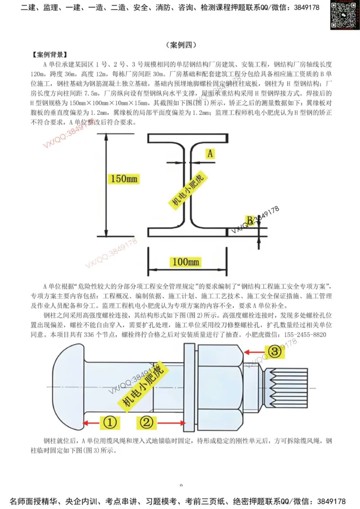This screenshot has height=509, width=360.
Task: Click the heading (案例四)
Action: tap(180, 45)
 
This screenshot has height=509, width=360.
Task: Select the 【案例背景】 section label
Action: tap(49, 55)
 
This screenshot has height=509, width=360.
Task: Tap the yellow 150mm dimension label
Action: tap(124, 179)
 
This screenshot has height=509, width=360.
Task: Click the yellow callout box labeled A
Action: tap(210, 153)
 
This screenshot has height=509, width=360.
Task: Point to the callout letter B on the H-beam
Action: tap(249, 220)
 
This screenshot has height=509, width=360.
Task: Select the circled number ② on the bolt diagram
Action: tap(148, 423)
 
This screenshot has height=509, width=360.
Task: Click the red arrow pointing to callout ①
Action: tap(92, 423)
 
